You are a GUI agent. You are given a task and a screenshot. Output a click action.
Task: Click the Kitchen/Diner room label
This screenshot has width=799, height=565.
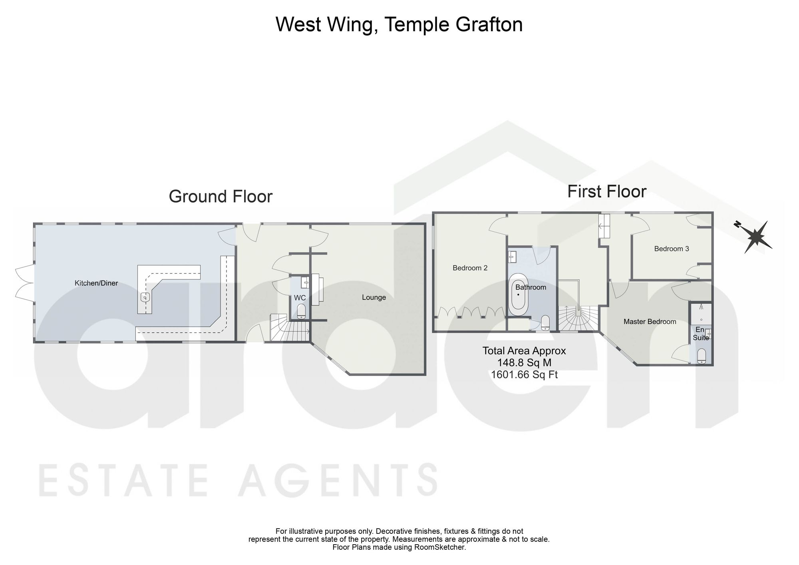(x=96, y=283)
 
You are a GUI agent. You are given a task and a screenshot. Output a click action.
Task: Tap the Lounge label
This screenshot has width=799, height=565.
(x=374, y=297)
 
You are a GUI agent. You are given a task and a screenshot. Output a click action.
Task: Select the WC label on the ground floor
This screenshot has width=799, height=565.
(x=300, y=298)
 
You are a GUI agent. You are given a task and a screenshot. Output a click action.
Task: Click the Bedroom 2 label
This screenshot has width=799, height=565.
(x=470, y=268)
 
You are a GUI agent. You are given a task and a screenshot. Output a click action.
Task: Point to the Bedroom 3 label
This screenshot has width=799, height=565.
(x=672, y=249)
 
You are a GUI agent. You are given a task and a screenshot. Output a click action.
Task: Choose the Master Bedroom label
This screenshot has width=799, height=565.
(x=650, y=322)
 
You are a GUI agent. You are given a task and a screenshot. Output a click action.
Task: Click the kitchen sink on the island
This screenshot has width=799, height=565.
(x=145, y=297)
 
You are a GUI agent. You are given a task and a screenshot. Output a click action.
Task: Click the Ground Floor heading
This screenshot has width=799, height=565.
(x=221, y=197)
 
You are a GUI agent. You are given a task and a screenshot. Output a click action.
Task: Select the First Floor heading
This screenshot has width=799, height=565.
(x=607, y=192)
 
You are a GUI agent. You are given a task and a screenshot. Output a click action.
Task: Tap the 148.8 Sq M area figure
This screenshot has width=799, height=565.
(x=524, y=363)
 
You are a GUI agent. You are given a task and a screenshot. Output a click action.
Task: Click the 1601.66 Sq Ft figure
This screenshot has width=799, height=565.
(x=524, y=374)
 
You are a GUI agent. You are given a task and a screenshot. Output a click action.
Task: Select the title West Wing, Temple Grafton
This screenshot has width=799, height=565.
(x=399, y=24)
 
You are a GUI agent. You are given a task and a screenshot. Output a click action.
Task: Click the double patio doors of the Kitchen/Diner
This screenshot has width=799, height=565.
(x=24, y=283)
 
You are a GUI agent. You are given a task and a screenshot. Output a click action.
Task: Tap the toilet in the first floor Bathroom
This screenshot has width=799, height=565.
(x=545, y=322)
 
